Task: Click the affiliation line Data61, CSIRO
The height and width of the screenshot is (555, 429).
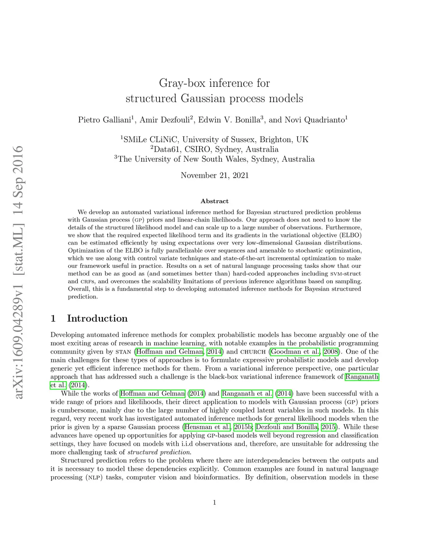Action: click(x=214, y=149)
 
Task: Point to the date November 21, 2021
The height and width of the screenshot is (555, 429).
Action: click(x=214, y=175)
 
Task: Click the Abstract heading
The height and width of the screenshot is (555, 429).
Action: click(x=214, y=201)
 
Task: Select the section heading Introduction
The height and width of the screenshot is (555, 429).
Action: click(x=97, y=318)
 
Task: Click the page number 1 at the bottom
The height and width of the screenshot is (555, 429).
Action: click(x=214, y=503)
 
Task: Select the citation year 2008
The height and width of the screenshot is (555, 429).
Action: click(x=331, y=351)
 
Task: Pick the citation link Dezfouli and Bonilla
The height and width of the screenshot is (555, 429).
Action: click(x=286, y=427)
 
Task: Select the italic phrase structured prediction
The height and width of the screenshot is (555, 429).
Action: click(x=159, y=452)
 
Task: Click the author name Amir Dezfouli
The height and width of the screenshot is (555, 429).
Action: click(x=165, y=120)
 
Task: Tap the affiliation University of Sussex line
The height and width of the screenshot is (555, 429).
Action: click(x=214, y=139)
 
